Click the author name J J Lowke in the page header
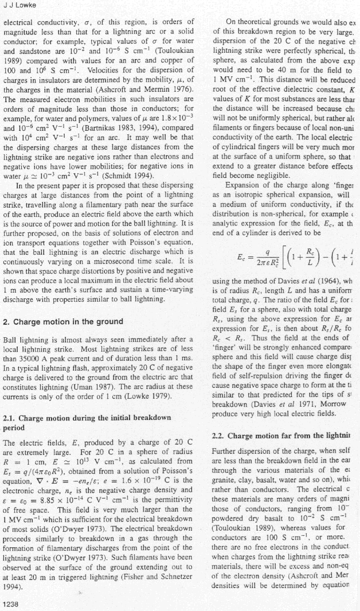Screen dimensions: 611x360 pos(18,6)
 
